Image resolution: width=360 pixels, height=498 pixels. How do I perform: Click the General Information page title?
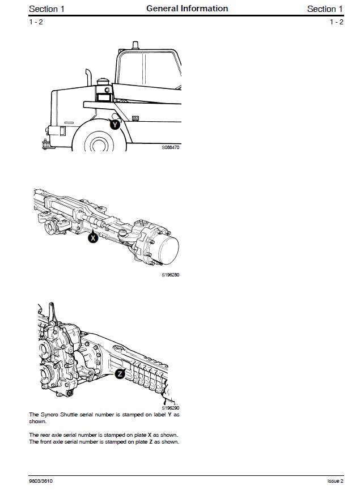click(x=187, y=8)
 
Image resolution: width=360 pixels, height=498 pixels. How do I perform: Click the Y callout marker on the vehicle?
click(x=115, y=124)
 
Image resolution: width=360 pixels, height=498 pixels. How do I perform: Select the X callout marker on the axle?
click(x=94, y=239)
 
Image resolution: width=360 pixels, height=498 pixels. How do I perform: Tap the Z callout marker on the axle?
click(x=120, y=374)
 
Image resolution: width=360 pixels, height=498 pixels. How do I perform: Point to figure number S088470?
click(x=171, y=147)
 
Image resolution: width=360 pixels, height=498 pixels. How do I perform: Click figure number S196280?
click(x=171, y=275)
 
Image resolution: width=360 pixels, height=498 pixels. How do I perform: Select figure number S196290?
click(x=171, y=408)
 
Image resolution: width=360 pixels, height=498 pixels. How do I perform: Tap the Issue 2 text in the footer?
click(x=335, y=481)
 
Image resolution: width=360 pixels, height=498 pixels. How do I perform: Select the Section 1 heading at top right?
click(x=325, y=8)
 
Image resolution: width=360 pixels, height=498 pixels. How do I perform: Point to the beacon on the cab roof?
click(x=135, y=45)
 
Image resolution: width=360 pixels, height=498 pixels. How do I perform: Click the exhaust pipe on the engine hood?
click(x=89, y=79)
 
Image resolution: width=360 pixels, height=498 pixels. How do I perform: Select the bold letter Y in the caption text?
click(x=170, y=415)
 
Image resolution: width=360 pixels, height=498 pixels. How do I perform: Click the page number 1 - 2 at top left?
click(x=36, y=22)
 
